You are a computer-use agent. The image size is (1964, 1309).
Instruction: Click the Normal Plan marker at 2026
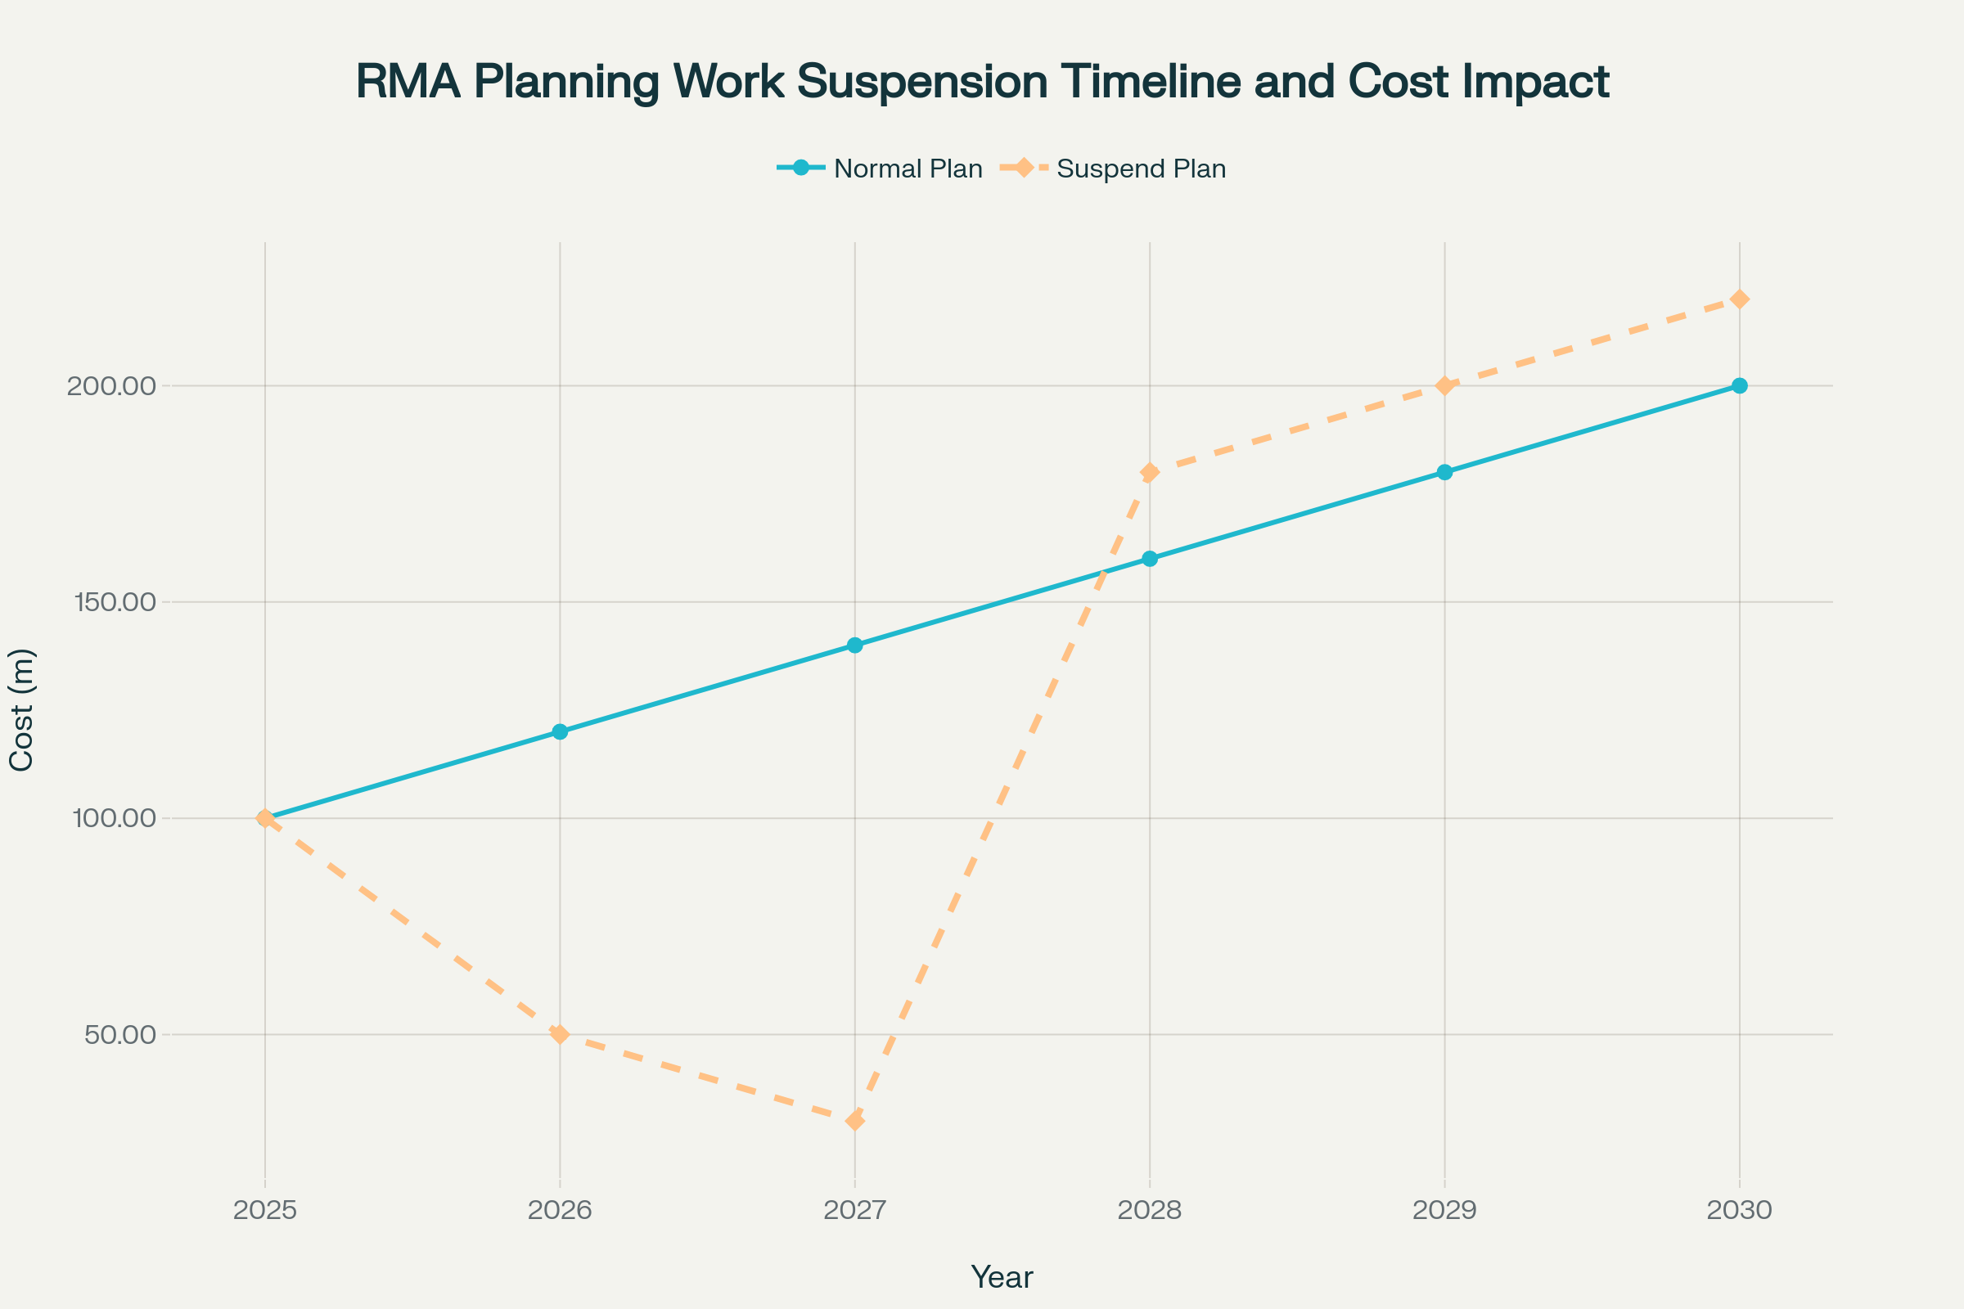[560, 732]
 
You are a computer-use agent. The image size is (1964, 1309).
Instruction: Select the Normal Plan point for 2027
[854, 646]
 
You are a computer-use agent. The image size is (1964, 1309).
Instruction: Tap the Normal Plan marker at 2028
[1150, 559]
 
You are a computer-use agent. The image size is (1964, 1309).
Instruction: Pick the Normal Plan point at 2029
[1444, 473]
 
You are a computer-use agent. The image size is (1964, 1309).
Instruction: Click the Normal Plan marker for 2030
[1740, 385]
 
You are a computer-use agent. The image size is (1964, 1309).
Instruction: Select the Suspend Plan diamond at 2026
[560, 1034]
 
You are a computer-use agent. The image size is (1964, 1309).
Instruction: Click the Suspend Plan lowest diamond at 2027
[854, 1120]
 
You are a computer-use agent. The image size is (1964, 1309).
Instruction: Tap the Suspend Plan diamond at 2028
[1150, 473]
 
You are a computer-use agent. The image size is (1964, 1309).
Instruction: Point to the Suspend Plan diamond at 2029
[1444, 385]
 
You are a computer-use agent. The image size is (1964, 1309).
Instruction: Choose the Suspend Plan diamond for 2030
[1740, 299]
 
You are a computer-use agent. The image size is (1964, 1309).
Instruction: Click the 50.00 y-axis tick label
[120, 1034]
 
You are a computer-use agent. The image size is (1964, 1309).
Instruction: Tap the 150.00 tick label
[115, 602]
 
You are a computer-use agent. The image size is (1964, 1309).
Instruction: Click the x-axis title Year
[1001, 1277]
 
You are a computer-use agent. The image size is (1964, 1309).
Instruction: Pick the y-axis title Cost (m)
[22, 709]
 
